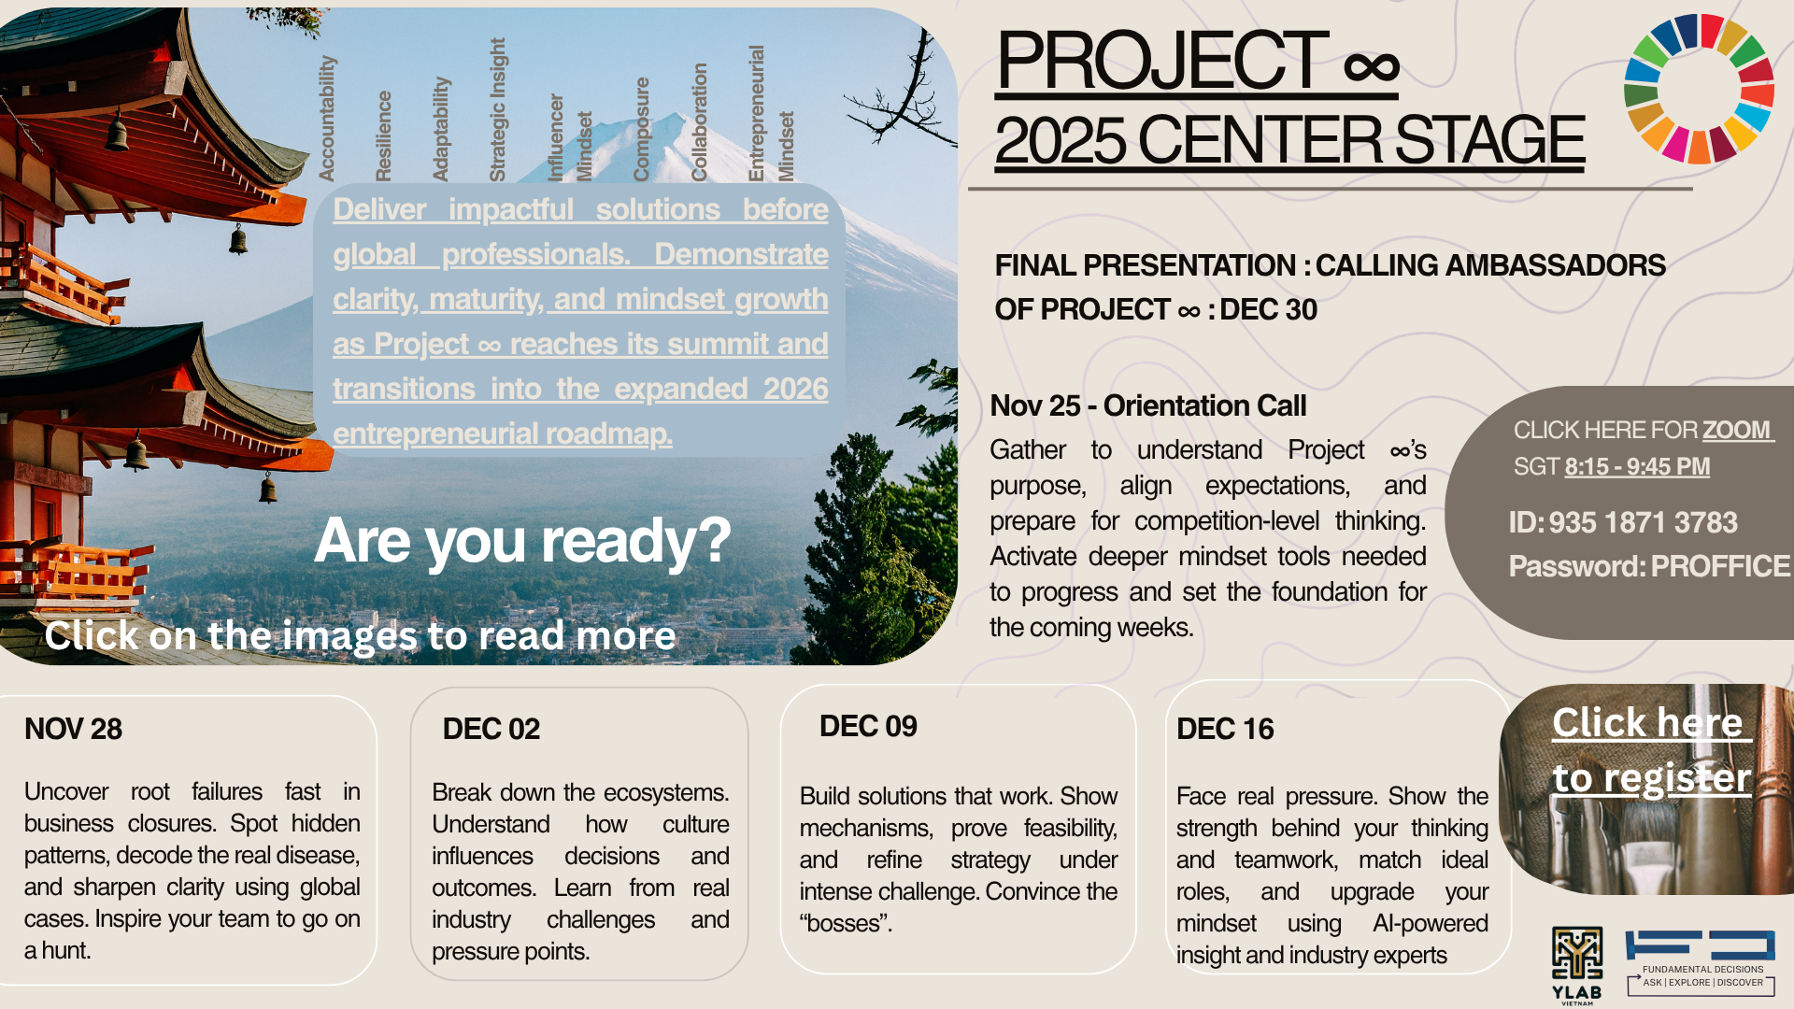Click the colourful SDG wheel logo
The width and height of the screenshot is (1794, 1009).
coord(1700,89)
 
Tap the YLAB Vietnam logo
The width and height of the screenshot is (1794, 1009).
coord(1577,965)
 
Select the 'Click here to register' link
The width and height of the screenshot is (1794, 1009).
coord(1651,749)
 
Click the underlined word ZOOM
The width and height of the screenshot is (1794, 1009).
coord(1736,430)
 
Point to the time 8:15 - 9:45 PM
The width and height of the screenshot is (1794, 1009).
coord(1637,466)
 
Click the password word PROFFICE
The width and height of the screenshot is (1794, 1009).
coord(1720,566)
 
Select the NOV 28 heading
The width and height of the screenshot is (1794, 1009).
coord(73,729)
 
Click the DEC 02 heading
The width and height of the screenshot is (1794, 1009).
coord(491,729)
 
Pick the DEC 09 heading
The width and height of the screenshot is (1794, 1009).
coord(868,726)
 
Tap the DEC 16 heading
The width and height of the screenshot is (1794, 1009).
coord(1225,729)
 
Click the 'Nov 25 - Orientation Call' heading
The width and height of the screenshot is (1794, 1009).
coord(1147,405)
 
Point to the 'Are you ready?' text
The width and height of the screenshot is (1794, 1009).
coord(522,540)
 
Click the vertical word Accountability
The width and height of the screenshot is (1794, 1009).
coord(326,118)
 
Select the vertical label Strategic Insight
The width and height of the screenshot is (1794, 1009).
coord(497,109)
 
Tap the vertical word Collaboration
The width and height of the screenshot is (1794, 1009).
coord(699,121)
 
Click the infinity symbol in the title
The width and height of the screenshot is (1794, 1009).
coord(1371,66)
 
